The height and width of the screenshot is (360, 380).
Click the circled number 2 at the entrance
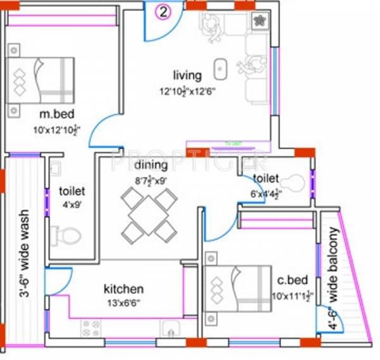163,11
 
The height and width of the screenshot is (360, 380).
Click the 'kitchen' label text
123,289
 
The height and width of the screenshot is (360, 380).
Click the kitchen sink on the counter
169,328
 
